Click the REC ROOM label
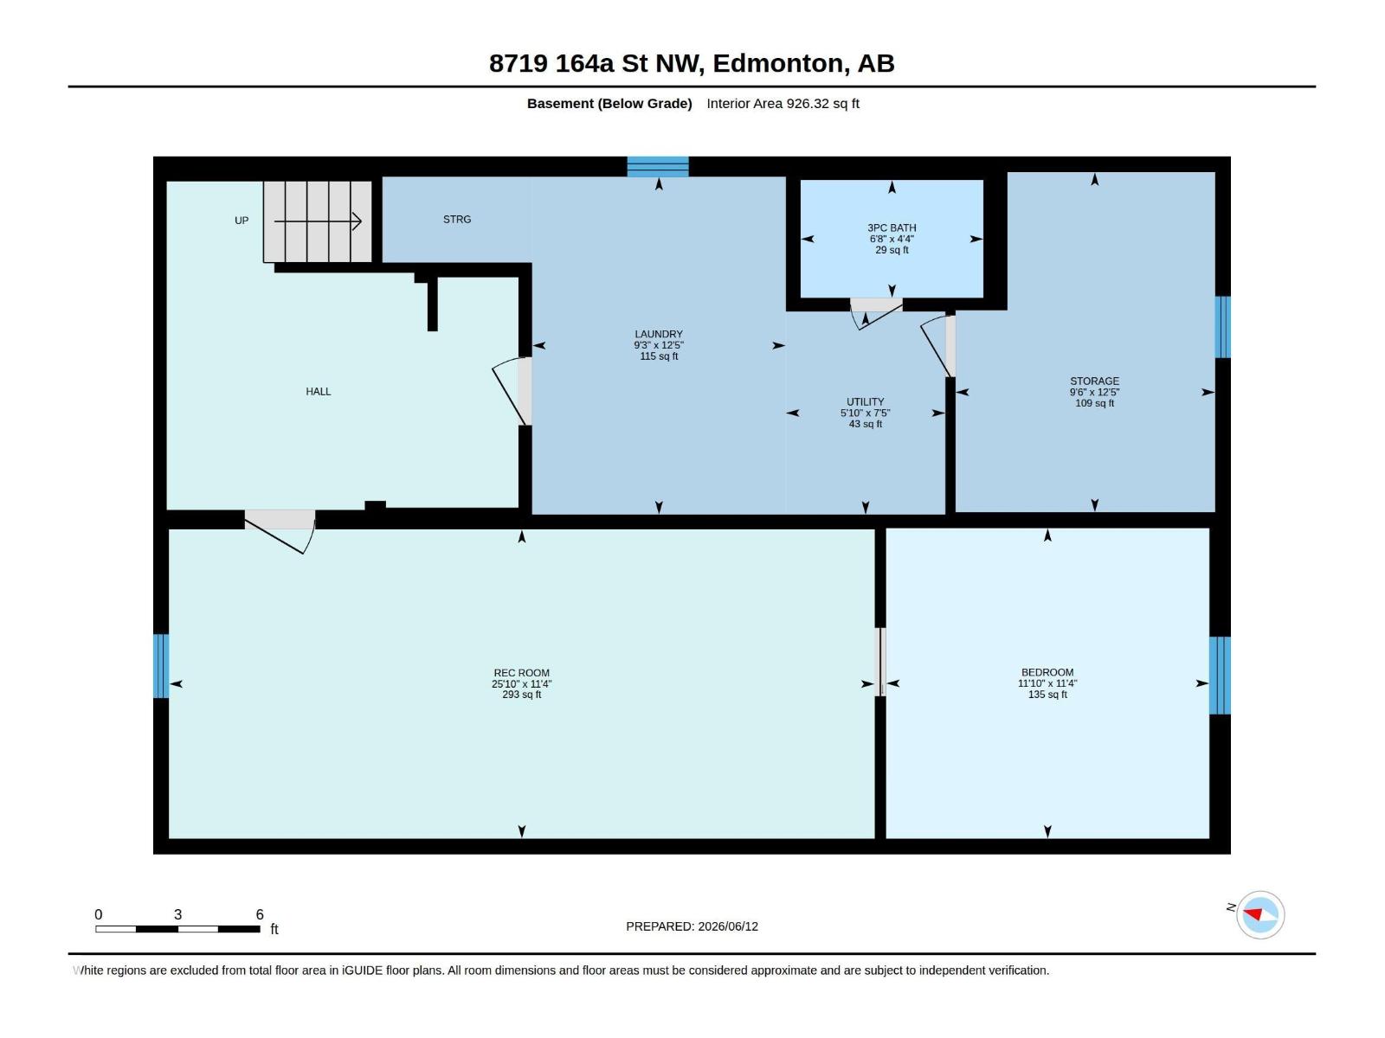521,672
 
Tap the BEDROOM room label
1047,672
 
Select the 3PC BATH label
891,227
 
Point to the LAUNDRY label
658,334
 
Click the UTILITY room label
865,401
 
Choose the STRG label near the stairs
457,220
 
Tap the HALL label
318,391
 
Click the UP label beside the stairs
241,221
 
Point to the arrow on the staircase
318,221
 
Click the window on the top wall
658,167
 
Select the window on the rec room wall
161,665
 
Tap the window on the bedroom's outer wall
1220,675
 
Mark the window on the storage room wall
1223,327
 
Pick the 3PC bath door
876,313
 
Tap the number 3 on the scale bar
178,914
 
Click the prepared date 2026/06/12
727,926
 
